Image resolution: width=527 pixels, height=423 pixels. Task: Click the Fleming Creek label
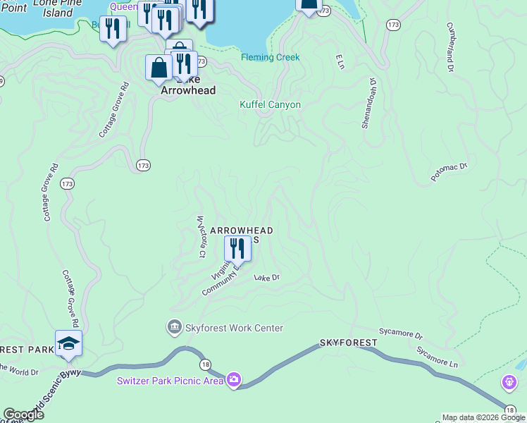(270, 58)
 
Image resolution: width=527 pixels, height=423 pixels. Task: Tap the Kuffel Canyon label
(270, 105)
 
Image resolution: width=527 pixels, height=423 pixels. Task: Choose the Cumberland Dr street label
(452, 49)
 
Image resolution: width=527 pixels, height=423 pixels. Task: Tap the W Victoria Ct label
(201, 236)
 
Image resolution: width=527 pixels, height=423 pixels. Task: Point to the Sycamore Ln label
(436, 357)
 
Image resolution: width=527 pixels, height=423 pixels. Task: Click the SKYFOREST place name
(348, 343)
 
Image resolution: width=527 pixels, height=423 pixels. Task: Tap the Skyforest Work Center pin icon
(173, 328)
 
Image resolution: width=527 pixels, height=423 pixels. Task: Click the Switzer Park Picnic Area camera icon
(234, 381)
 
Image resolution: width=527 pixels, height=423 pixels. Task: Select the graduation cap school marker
(68, 343)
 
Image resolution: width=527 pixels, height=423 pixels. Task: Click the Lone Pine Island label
(54, 8)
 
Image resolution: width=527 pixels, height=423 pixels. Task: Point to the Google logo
(23, 415)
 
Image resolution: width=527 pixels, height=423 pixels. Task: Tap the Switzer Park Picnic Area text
(170, 381)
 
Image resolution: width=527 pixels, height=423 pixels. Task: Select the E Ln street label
(340, 62)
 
